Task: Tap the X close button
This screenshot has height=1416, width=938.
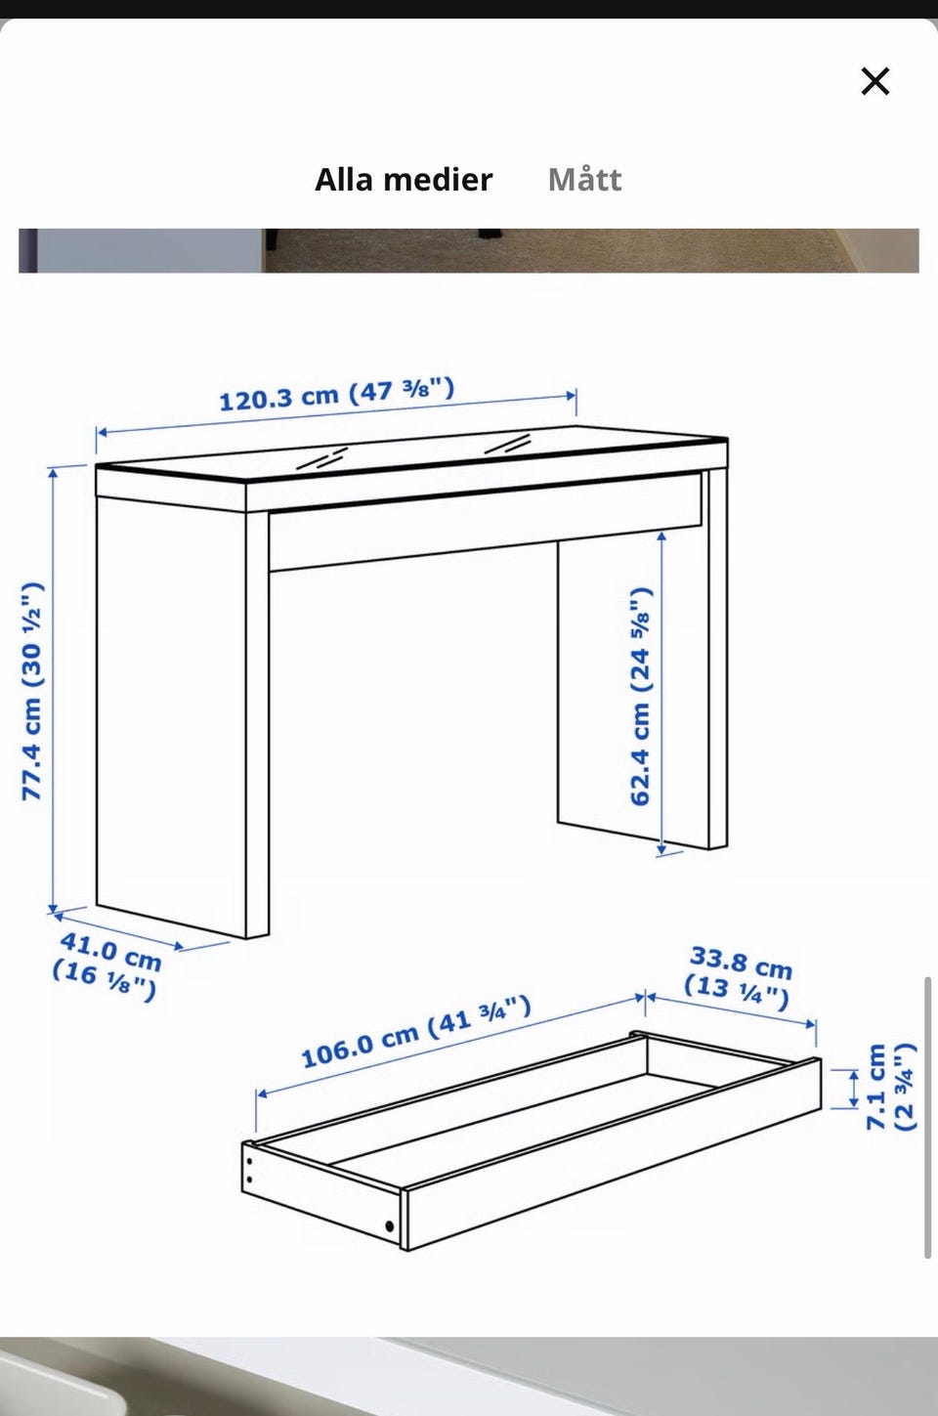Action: pos(875,81)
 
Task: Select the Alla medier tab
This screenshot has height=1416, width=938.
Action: pos(404,180)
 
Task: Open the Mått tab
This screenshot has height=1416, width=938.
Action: pos(584,180)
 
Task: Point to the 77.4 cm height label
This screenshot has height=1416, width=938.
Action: pos(32,691)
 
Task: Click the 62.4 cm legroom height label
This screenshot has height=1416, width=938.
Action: pos(641,696)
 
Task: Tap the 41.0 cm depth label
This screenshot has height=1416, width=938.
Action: pos(107,966)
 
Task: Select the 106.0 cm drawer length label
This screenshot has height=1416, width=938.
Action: pos(416,1032)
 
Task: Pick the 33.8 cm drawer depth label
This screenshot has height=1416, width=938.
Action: pos(739,978)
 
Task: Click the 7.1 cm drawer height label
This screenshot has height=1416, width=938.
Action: pos(890,1087)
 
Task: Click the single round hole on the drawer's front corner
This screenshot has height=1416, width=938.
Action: pos(389,1226)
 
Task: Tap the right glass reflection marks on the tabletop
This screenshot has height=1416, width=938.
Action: pos(508,443)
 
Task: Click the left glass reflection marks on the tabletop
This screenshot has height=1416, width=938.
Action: pos(322,457)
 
